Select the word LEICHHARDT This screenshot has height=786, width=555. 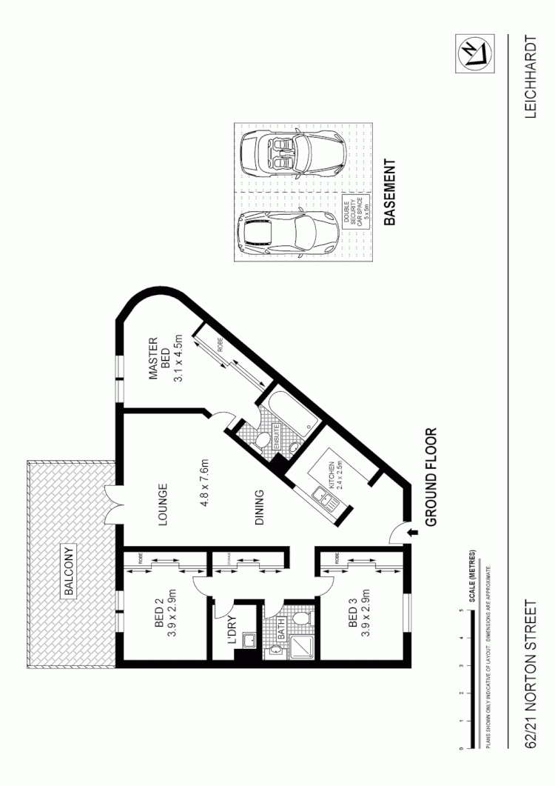[531, 76]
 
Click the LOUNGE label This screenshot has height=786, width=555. [165, 505]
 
